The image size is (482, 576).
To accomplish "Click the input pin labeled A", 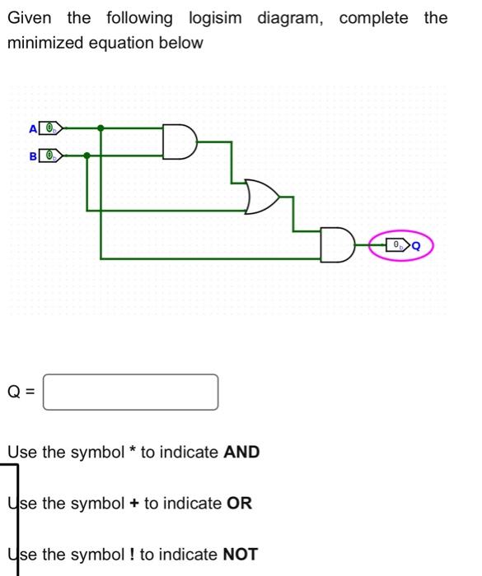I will tap(51, 128).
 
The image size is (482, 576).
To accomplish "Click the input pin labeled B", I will tap(51, 155).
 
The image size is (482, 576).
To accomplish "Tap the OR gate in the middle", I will tap(262, 197).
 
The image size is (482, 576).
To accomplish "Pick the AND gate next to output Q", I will tap(338, 244).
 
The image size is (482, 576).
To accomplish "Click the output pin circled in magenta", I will tap(399, 244).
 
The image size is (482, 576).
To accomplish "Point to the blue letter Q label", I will tap(416, 244).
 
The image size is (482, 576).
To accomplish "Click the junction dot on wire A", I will tap(101, 128).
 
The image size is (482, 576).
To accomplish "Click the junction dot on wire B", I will tap(87, 155).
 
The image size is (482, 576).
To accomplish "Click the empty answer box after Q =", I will tap(131, 392).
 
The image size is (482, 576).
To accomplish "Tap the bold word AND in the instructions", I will tap(241, 452).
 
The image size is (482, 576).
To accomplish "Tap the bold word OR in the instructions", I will tap(239, 503).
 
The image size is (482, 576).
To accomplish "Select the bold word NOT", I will tap(241, 554).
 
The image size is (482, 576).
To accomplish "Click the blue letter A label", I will tap(33, 129).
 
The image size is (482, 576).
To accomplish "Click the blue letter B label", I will tap(33, 156).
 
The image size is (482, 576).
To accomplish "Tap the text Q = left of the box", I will tap(21, 392).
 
